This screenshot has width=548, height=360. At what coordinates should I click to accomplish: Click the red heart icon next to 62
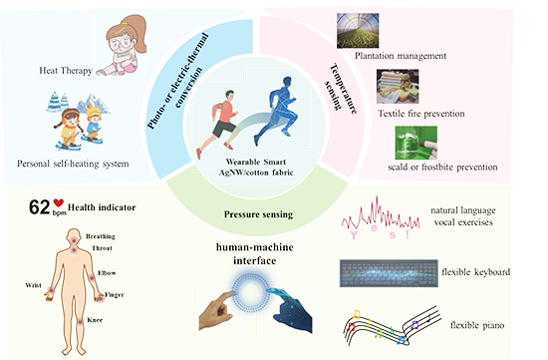[59, 202]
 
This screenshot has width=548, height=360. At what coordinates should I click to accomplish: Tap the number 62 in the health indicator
[39, 207]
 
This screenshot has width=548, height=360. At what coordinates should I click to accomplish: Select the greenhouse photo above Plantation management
[358, 31]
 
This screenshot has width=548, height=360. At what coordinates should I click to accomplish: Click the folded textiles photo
[398, 87]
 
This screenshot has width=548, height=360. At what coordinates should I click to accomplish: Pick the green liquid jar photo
[415, 143]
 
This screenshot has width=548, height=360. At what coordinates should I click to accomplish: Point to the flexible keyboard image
[389, 273]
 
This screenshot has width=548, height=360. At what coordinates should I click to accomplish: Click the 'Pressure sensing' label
[258, 214]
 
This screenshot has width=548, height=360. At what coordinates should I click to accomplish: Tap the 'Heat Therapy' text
[66, 71]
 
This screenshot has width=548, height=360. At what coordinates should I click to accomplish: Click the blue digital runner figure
[276, 111]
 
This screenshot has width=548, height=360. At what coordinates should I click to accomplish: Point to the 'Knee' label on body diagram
[95, 320]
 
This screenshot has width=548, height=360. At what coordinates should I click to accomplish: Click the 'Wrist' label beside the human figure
[33, 285]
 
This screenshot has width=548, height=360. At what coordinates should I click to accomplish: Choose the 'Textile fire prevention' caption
[421, 114]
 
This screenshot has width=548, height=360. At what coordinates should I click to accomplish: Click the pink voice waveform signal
[381, 214]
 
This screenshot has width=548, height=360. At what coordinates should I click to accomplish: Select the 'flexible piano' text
[477, 325]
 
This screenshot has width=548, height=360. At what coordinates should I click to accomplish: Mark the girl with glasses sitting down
[122, 45]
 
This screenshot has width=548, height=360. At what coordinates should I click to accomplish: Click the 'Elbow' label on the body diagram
[107, 273]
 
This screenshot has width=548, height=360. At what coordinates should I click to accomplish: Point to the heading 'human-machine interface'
[255, 253]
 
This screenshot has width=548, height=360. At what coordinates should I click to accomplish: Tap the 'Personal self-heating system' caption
[73, 164]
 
